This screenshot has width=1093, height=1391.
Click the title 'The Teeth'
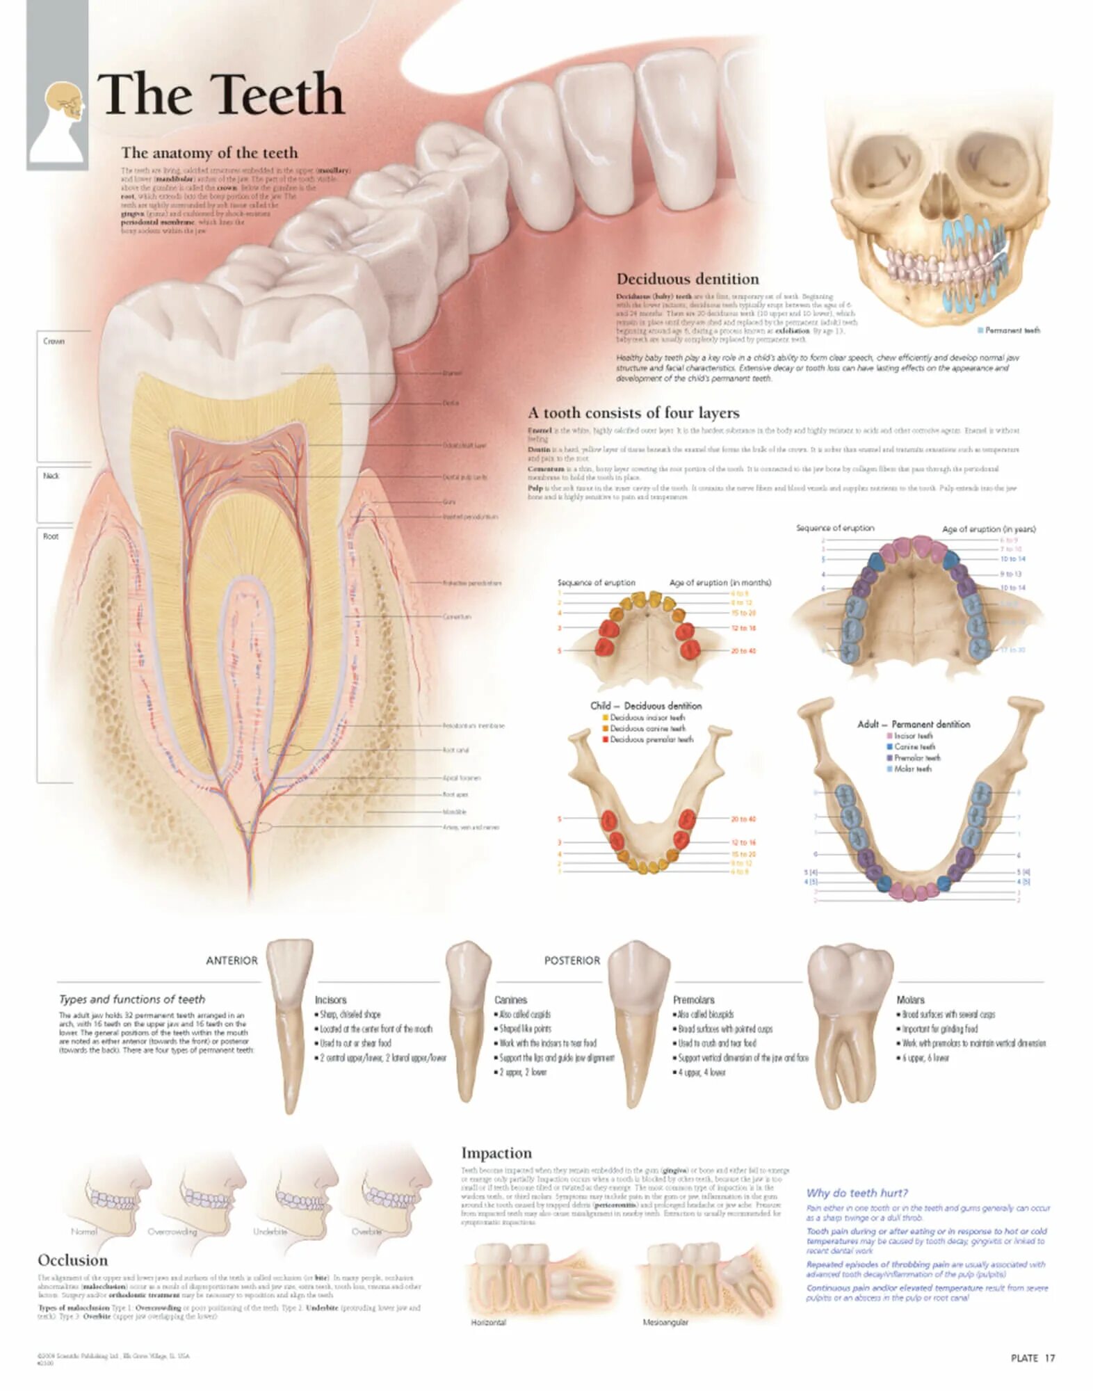tap(221, 95)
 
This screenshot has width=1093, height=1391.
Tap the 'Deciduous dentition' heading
tap(687, 279)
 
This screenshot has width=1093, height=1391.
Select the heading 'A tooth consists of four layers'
tap(633, 412)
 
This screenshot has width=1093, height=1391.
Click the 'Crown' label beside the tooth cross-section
tap(54, 341)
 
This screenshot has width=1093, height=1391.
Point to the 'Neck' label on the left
tap(51, 476)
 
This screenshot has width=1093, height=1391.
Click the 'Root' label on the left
tap(51, 536)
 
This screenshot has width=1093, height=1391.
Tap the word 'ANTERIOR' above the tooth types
tap(232, 960)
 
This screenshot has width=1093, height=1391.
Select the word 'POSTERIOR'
tap(572, 960)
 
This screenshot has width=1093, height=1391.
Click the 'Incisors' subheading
tap(330, 999)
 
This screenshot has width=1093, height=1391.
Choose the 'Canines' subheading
tap(510, 999)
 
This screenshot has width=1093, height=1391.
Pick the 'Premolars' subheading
tap(693, 999)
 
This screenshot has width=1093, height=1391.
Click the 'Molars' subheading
tap(910, 999)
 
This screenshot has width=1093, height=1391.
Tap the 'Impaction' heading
tap(496, 1152)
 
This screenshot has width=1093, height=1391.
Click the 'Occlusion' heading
tap(73, 1260)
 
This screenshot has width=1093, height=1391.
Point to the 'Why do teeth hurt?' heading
tap(857, 1193)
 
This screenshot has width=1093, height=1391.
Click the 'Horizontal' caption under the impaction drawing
tap(488, 1322)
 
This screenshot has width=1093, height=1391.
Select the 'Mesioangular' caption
tap(665, 1322)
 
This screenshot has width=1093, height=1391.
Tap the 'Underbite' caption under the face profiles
tap(270, 1231)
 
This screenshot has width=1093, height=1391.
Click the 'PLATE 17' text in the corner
tap(1033, 1358)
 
